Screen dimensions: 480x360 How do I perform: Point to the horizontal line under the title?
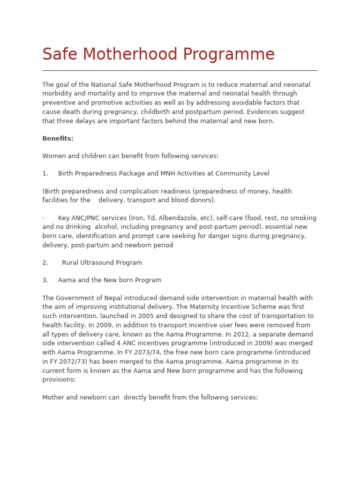coord(180,70)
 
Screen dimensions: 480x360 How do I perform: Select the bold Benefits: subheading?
coord(58,138)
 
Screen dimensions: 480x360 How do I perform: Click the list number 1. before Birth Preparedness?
coord(45,173)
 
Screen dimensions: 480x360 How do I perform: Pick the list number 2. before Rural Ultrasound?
coord(45,262)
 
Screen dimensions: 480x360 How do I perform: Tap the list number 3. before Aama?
coord(45,280)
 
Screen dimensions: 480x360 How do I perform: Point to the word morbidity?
coord(58,94)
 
